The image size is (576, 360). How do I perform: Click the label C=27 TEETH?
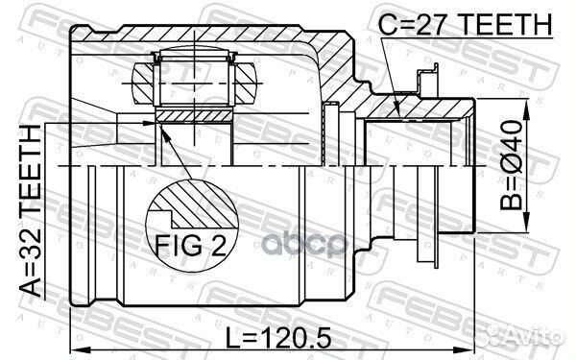[x=465, y=24]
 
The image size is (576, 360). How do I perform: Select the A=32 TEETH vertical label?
[x=30, y=211]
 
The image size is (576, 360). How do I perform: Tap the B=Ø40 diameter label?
[x=511, y=165]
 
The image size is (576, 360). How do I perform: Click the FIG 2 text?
[x=190, y=245]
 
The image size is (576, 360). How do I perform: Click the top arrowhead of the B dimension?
[x=527, y=108]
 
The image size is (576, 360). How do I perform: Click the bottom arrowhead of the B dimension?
[x=527, y=223]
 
